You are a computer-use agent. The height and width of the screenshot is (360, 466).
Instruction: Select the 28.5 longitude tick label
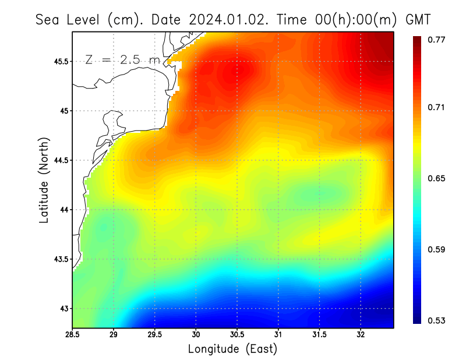(x=73, y=335)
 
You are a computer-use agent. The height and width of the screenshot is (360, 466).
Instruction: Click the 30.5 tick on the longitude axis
(x=237, y=335)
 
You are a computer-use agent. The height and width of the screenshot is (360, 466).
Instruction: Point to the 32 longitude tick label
(x=361, y=335)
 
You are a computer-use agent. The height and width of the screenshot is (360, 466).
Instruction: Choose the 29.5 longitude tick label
(x=155, y=335)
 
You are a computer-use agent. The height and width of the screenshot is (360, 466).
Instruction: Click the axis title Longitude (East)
(x=232, y=349)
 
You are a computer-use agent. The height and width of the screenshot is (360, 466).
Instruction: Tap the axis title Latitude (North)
(x=44, y=179)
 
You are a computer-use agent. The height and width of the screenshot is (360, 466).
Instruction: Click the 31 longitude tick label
(x=278, y=335)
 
